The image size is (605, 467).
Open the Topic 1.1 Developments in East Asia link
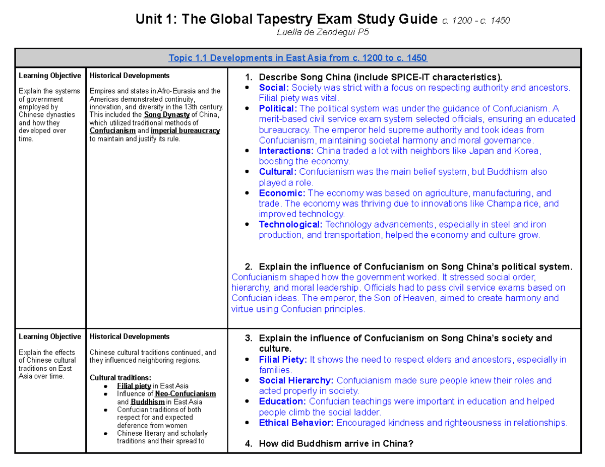298,58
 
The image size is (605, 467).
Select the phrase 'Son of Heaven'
411,298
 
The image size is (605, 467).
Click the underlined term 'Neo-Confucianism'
186,393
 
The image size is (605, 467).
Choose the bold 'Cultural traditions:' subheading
119,377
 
